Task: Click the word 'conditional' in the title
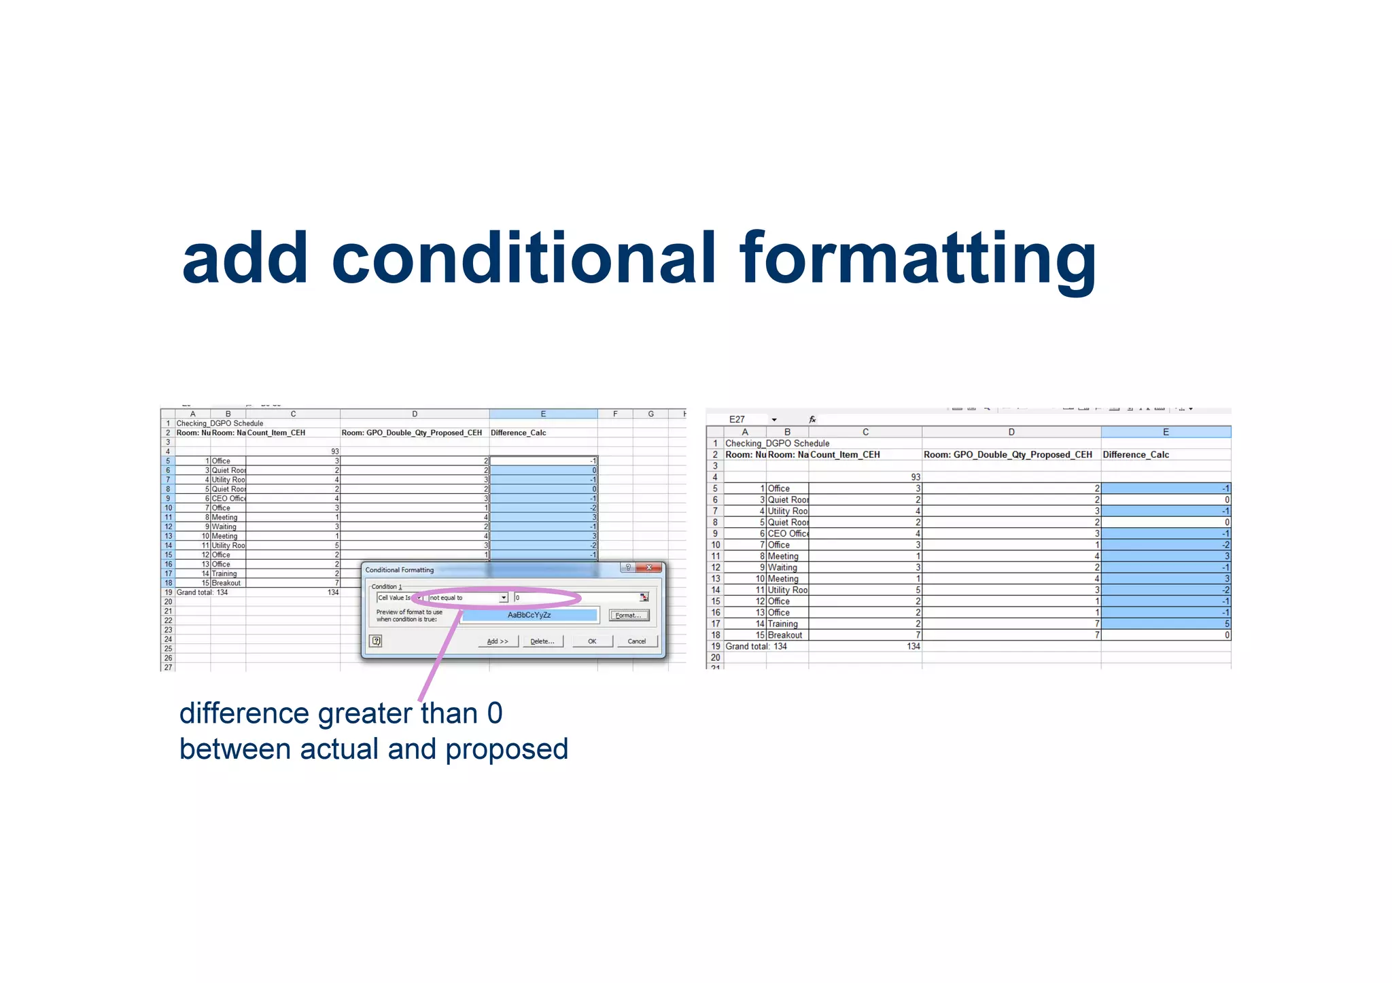pyautogui.click(x=523, y=259)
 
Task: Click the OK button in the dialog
pyautogui.click(x=592, y=641)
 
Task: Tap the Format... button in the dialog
pyautogui.click(x=628, y=615)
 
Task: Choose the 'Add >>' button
pyautogui.click(x=498, y=641)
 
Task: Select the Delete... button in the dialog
pyautogui.click(x=542, y=641)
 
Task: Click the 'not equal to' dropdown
pyautogui.click(x=468, y=598)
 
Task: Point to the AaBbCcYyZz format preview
pyautogui.click(x=529, y=615)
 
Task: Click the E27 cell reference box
pyautogui.click(x=737, y=419)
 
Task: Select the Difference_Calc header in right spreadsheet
pyautogui.click(x=1136, y=454)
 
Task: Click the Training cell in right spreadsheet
pyautogui.click(x=783, y=624)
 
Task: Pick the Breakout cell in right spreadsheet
pyautogui.click(x=785, y=635)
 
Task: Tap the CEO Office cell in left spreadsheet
pyautogui.click(x=228, y=499)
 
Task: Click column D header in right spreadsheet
pyautogui.click(x=1011, y=432)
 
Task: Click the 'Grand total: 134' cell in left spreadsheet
pyautogui.click(x=203, y=592)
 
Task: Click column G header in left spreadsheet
pyautogui.click(x=650, y=414)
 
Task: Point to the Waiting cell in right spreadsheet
pyautogui.click(x=782, y=567)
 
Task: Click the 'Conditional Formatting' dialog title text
pyautogui.click(x=400, y=570)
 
